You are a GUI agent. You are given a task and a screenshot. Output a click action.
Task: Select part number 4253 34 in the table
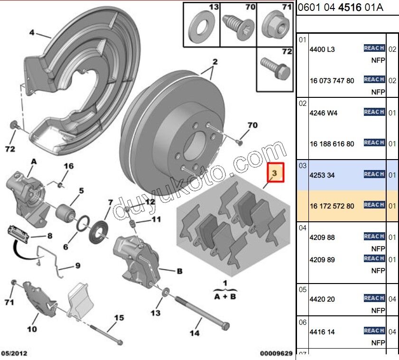(x=322, y=175)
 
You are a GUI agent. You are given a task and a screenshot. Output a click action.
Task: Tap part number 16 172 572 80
(x=332, y=206)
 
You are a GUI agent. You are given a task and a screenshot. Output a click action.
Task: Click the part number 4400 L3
(x=322, y=49)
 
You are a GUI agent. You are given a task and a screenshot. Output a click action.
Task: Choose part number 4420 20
(x=322, y=300)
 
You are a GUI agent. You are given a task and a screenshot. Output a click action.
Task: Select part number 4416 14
(x=322, y=332)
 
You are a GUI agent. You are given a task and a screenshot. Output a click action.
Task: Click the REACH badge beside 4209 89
(x=374, y=259)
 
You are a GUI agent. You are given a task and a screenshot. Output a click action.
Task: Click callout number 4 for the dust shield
(x=32, y=33)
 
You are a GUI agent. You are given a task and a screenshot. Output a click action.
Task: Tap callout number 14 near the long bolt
(x=195, y=333)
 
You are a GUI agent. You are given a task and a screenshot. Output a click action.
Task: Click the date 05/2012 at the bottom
(x=14, y=353)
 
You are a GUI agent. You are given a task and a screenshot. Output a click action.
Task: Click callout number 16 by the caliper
(x=69, y=166)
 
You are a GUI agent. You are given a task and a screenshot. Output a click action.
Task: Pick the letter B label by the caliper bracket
(x=179, y=272)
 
